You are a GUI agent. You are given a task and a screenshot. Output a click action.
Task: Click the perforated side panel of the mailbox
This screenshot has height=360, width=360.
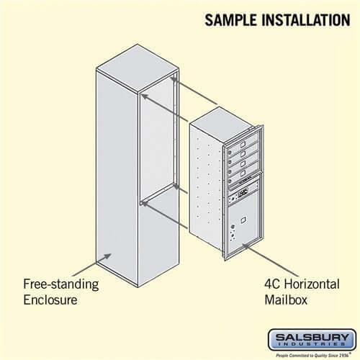click(205, 187)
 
